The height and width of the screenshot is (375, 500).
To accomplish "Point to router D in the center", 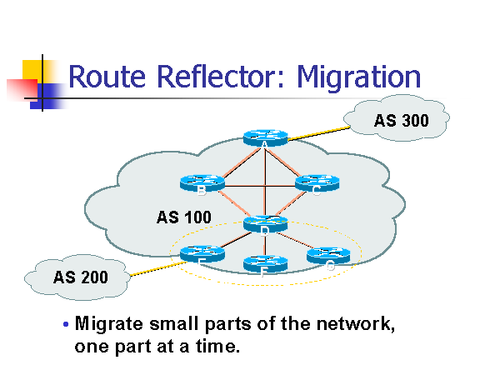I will pos(265,222).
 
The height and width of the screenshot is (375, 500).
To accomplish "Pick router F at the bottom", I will pos(263,262).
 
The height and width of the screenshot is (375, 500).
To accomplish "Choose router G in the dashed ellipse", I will pos(327,256).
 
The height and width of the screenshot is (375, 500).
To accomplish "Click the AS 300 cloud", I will pos(400,121).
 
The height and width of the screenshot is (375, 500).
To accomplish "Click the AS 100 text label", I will pos(183,217).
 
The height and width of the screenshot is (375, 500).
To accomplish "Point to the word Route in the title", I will pos(104,77).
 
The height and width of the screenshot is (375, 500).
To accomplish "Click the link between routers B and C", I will pos(258,185).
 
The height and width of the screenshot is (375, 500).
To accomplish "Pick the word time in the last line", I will pos(220,345).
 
